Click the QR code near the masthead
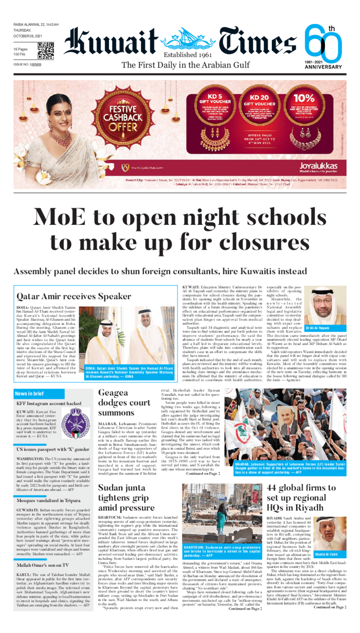tap(45, 51)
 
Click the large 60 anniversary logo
tap(322, 45)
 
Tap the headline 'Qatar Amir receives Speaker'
tap(74, 296)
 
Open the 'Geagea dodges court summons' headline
tap(125, 403)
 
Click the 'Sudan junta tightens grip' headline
tap(128, 498)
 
